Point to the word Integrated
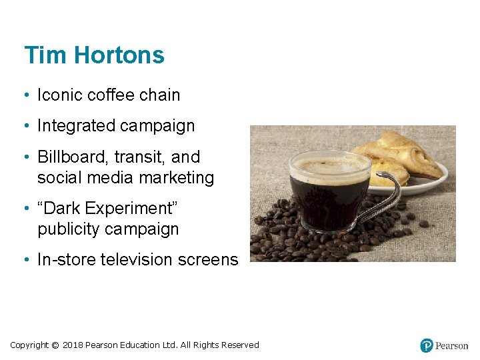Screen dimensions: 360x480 [75, 126]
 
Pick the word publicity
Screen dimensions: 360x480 [70, 229]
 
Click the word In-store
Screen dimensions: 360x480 [66, 260]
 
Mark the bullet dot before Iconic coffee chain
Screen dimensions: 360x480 [26, 95]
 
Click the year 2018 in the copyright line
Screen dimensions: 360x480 [73, 345]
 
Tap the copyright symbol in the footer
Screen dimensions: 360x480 [55, 345]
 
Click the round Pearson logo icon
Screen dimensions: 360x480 [427, 345]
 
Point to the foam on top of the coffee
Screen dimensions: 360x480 [329, 166]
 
